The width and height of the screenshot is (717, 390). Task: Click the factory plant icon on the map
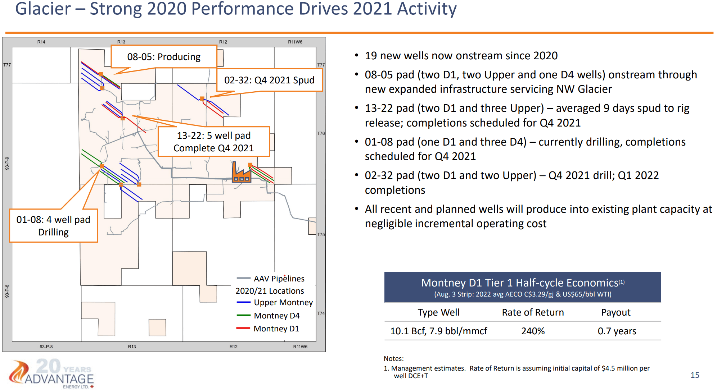[x=241, y=173]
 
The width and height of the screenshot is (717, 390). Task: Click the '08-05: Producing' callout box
[x=164, y=57]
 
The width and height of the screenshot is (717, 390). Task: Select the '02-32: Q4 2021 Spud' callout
[x=269, y=80]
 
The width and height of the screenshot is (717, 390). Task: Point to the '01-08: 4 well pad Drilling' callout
[x=53, y=226]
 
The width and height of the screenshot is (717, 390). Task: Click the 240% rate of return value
[x=533, y=331]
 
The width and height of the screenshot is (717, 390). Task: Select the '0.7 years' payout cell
[x=617, y=331]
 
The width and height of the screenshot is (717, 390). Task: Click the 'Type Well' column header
[x=438, y=312]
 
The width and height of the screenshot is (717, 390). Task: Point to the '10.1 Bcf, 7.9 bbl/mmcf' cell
[x=438, y=331]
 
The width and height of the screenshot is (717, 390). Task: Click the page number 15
[x=695, y=375]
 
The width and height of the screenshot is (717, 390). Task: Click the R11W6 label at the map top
[x=295, y=42]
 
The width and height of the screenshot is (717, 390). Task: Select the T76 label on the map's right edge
[x=321, y=133]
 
